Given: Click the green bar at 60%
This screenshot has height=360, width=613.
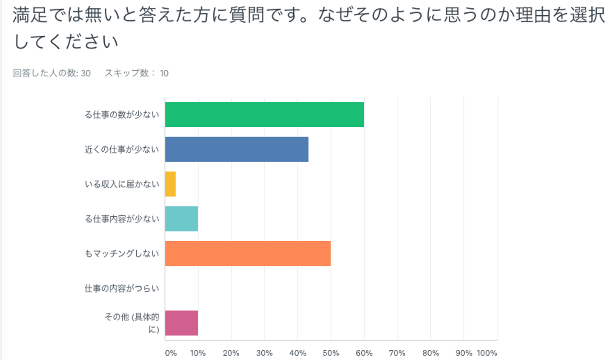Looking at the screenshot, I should click(264, 114).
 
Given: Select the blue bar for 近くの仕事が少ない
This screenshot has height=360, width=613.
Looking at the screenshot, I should click(237, 149).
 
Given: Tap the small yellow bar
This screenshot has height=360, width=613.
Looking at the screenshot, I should click(170, 184).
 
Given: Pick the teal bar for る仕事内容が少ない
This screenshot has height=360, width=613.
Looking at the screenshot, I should click(181, 219).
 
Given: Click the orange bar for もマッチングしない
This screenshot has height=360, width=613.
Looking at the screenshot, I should click(248, 254).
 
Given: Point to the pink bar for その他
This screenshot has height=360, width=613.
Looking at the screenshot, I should click(181, 323).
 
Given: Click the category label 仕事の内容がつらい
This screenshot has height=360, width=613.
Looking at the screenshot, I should click(122, 289).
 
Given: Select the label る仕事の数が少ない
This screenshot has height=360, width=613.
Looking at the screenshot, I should click(122, 114).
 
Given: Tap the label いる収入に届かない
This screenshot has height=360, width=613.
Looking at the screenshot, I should click(122, 184).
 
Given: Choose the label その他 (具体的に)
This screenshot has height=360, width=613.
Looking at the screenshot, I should click(132, 323).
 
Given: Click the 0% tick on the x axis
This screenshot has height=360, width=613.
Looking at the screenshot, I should click(170, 353).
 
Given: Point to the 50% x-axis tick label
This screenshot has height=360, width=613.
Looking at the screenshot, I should click(331, 353).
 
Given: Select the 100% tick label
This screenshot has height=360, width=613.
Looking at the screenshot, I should click(487, 353).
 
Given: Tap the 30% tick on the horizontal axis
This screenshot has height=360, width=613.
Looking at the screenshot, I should click(264, 353).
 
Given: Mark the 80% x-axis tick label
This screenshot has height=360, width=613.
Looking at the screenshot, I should click(430, 353).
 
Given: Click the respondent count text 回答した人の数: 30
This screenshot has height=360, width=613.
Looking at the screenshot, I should click(52, 73).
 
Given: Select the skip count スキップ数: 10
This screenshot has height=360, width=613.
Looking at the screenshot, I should click(137, 73).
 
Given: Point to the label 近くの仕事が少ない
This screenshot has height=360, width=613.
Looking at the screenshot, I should click(122, 149).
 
